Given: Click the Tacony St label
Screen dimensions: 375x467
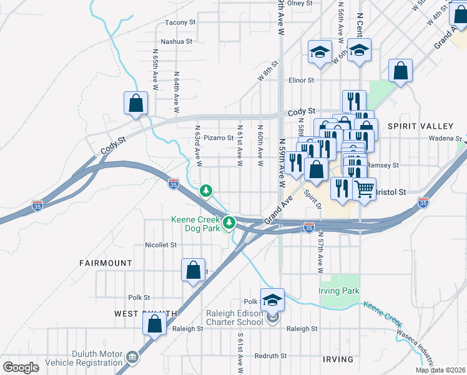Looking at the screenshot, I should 180,22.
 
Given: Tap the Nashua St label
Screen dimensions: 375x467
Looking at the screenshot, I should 177,42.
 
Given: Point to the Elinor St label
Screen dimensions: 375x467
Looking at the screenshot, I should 301,80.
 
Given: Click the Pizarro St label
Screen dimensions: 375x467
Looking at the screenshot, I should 218,138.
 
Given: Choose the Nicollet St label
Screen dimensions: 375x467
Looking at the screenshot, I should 160,245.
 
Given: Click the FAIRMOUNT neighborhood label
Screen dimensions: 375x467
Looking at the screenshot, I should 106,263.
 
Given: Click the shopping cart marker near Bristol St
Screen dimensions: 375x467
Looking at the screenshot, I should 364,189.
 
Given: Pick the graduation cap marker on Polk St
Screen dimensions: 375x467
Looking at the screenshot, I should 272,301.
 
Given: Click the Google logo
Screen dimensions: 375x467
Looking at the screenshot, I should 21,367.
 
